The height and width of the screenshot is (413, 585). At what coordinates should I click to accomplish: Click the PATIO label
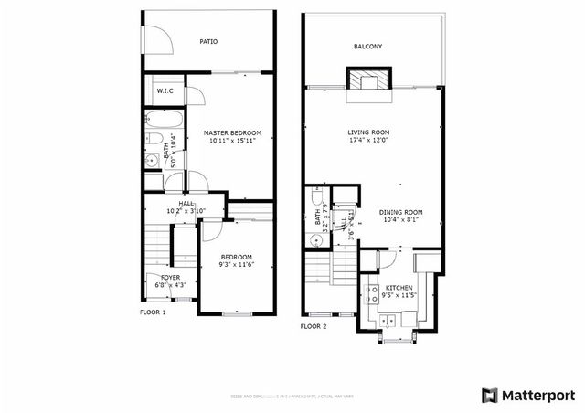pos(208,41)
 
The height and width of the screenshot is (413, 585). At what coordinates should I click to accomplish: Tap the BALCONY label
pos(367,48)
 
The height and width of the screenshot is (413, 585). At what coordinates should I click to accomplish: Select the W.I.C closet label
pos(165,90)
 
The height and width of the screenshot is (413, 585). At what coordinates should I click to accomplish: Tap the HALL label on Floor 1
pos(186,204)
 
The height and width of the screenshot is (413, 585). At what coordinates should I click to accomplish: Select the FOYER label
pos(170,277)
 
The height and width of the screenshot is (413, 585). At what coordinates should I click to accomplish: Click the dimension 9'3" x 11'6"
pos(236,266)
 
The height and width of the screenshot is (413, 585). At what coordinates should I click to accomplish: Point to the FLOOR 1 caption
pos(153,313)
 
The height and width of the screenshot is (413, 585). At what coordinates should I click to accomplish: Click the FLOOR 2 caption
pos(314,326)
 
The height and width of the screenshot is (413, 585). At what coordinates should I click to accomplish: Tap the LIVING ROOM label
pos(368,132)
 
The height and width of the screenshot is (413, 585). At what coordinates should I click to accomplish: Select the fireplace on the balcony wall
pos(368,79)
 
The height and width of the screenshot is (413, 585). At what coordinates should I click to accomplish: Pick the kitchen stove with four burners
pos(374,294)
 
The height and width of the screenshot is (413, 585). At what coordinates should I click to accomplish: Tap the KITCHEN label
pos(399,288)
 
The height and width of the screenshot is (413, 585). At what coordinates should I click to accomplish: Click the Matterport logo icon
pos(490,395)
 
